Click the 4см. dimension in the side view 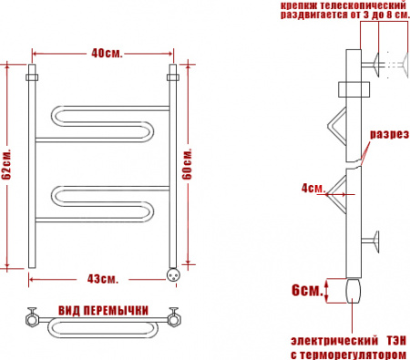[x=313, y=189]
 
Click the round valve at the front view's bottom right [x=170, y=271]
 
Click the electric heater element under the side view [x=354, y=292]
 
